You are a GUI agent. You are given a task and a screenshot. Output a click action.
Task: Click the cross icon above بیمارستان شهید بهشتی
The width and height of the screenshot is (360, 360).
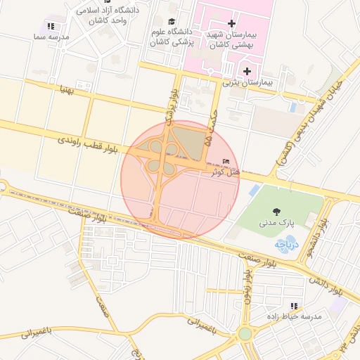coord(231,24)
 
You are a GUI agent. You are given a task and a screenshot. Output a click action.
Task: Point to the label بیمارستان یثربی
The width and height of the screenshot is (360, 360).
coord(251,82)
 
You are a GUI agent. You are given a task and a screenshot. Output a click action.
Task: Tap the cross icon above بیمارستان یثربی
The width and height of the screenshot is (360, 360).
coord(246,70)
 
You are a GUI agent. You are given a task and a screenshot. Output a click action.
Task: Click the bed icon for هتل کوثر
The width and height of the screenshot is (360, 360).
coord(226,162)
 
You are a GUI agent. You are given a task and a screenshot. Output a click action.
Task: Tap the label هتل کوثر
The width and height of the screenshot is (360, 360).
coord(225,172)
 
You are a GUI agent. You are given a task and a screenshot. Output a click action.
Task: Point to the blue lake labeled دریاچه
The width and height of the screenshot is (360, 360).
coord(285,245)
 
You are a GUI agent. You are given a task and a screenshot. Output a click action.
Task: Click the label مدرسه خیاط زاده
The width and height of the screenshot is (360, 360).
coord(293,316)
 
